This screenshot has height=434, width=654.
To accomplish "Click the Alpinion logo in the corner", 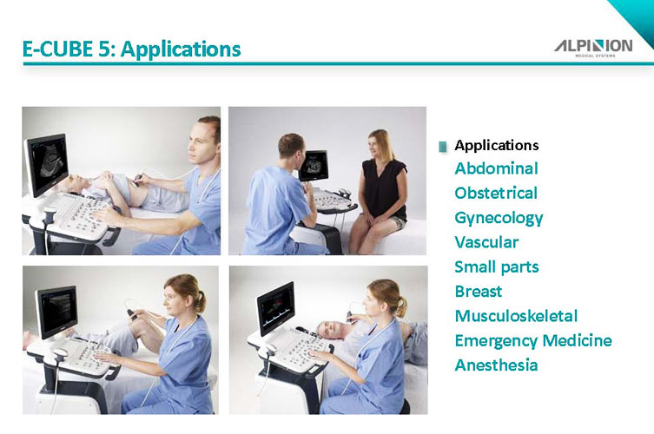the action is pos(593,48).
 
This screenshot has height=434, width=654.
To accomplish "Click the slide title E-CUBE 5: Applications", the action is pos(131,49).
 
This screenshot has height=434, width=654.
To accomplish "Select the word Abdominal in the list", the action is pos(496,168).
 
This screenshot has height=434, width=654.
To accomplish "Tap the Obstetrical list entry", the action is pos(496,193).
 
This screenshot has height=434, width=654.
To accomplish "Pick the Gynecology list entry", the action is pos(499,218).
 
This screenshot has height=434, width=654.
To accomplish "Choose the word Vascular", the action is pos(486,242).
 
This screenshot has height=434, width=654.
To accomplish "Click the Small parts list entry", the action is pos(496,266).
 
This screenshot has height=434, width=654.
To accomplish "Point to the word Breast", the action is pos(478,291).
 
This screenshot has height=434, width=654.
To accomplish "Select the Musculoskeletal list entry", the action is pos(516,316).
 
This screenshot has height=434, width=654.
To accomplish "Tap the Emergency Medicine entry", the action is pos(533,340).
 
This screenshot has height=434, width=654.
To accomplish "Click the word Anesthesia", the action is pos(496,365).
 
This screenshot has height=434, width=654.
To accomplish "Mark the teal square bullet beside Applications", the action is pos(443,147).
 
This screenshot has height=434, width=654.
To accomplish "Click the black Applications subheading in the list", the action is pos(496,145).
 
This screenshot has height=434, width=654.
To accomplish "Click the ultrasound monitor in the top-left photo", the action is pos(46,164).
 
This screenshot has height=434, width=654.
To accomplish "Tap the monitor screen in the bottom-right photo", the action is pos(275,307).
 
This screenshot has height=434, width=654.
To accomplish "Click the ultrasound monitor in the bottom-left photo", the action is pos(56,311).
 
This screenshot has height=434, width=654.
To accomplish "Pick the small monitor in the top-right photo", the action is pos(314,165).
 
